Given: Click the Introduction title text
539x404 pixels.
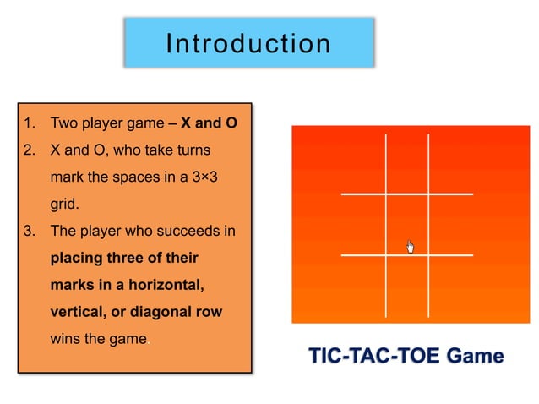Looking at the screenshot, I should point(248,43).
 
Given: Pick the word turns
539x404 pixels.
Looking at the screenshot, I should point(191,150).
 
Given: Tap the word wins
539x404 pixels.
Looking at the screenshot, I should point(66,339).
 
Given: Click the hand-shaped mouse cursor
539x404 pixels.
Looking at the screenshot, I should point(410,247).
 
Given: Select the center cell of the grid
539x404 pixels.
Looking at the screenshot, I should point(407,224).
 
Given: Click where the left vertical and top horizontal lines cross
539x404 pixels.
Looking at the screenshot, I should point(386,194).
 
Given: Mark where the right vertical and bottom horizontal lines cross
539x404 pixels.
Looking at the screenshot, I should point(428,254).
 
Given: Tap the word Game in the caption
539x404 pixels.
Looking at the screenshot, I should point(476,356).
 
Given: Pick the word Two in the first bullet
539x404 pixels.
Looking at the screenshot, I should point(64,123).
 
